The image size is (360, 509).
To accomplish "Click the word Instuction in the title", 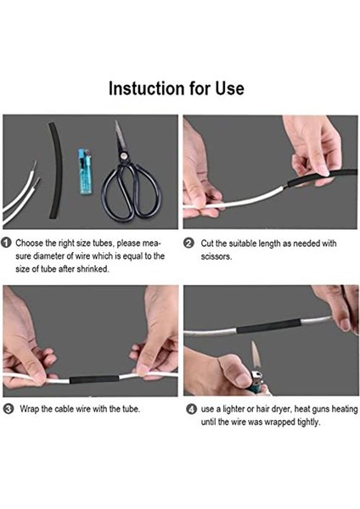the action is pos(147,88).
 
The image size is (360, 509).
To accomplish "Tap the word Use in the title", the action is pos(230,88).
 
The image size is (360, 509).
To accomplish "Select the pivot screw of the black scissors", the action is pos(123,156).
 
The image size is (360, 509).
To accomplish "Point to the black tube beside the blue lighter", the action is pos(56,171).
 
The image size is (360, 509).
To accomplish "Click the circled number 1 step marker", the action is pos(7,243).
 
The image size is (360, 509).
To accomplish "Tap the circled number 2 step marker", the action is pos(188,243).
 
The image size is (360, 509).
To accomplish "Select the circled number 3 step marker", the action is pos(8,409).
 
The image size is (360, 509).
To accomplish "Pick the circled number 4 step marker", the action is pos(191,409).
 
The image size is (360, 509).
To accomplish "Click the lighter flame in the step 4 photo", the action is pos(256,355).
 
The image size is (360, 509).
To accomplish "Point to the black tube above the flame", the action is pos(269,325).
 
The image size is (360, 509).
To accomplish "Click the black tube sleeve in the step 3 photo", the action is pos(94,379).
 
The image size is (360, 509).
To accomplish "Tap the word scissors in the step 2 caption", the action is pos(216,256).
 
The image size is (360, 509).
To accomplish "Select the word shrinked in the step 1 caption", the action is pos(93,269).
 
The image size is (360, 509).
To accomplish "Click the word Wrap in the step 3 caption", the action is pos(30,409).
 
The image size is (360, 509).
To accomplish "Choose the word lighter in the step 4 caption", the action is pos(233,410).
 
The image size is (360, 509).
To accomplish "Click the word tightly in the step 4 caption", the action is pos(309,422).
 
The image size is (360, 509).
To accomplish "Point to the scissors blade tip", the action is pos(116,120).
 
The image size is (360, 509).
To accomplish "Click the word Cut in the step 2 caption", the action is pos(207,243).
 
